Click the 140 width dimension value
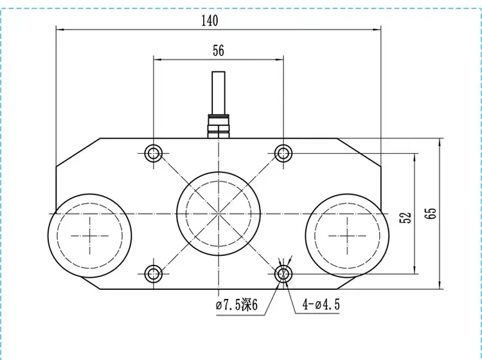pyautogui.click(x=210, y=20)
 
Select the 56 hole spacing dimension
pyautogui.click(x=219, y=51)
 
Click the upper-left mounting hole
pyautogui.click(x=154, y=153)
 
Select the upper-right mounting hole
pyautogui.click(x=283, y=153)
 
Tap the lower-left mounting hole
pyautogui.click(x=154, y=274)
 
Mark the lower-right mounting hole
pyautogui.click(x=283, y=274)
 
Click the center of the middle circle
pyautogui.click(x=219, y=213)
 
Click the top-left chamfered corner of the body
pyautogui.click(x=78, y=152)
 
